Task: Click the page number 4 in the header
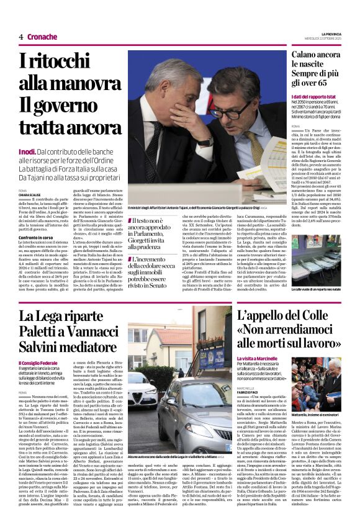21,37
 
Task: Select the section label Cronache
42,37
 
